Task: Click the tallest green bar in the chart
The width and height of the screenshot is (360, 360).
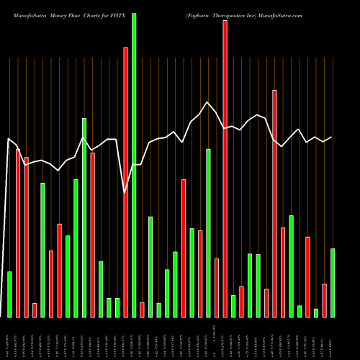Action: tap(134, 165)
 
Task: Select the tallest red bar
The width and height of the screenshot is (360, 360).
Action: tap(225, 168)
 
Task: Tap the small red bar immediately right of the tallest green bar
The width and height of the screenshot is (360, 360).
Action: tap(142, 310)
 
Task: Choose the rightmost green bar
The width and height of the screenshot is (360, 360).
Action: tap(333, 282)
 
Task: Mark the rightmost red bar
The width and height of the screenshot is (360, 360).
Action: tap(324, 300)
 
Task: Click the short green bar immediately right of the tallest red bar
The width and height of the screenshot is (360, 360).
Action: tap(233, 306)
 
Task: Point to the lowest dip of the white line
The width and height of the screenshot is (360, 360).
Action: tap(125, 193)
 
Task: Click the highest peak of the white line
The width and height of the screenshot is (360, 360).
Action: tap(207, 102)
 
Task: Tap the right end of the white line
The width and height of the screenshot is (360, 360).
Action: tap(331, 137)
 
